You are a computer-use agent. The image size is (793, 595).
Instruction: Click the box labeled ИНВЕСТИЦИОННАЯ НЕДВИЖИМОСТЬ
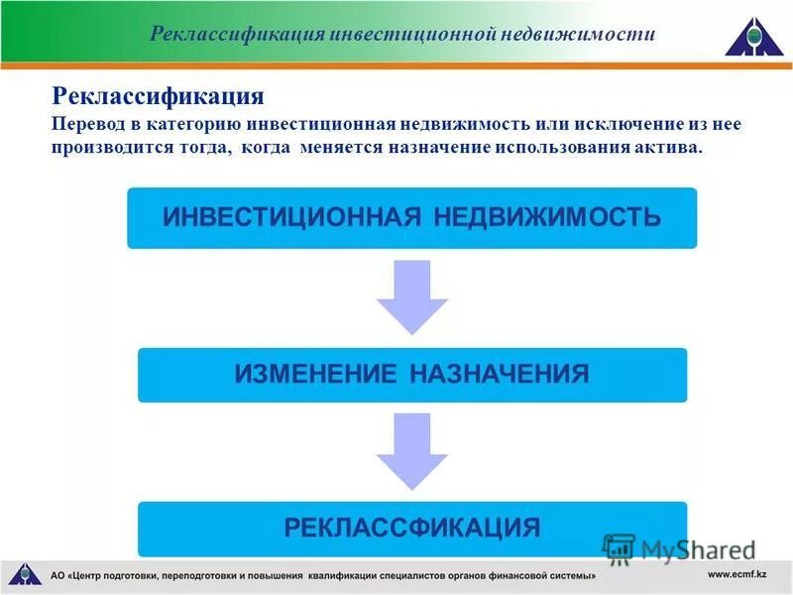coord(411,217)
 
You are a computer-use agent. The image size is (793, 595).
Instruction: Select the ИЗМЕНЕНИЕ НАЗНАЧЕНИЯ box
coord(411,374)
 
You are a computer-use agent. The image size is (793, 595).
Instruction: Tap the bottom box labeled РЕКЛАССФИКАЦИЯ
coord(411,528)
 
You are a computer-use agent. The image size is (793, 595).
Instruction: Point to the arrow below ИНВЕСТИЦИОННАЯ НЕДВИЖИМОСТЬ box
coord(411,296)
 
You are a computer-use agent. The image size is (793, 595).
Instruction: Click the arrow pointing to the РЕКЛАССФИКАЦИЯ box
coord(411,451)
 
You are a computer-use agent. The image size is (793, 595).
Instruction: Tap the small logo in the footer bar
coord(26,574)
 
